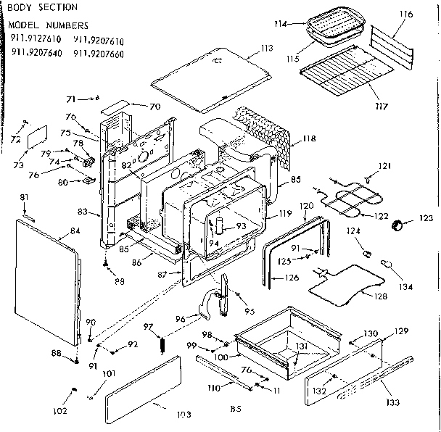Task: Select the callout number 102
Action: point(61,411)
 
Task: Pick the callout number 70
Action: point(154,107)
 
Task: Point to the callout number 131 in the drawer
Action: point(300,345)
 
